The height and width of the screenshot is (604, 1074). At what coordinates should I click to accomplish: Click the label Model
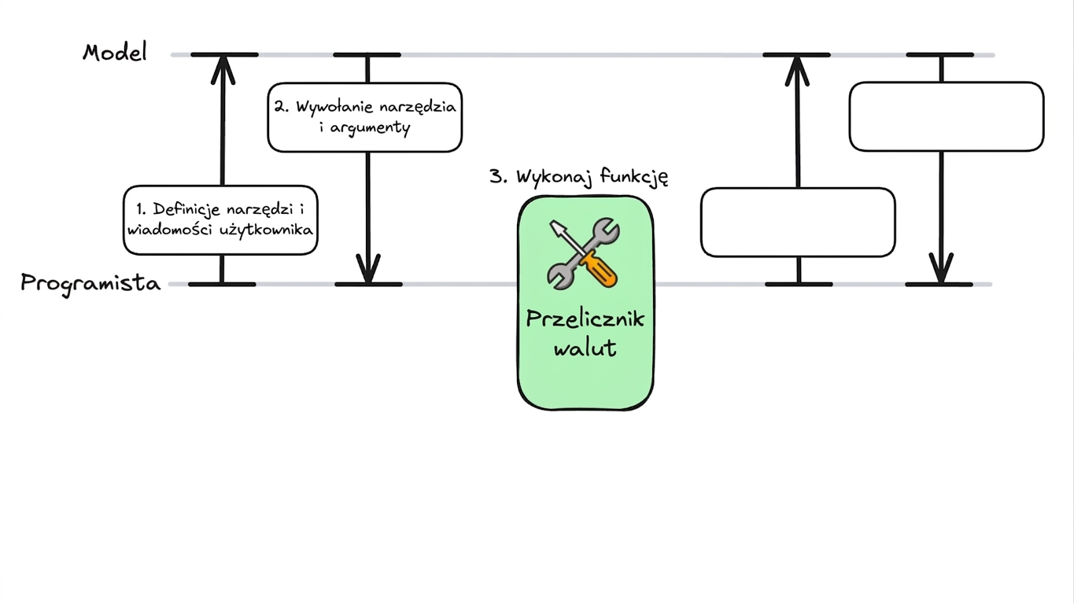pyautogui.click(x=115, y=52)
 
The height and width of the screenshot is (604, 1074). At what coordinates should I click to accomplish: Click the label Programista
pyautogui.click(x=90, y=283)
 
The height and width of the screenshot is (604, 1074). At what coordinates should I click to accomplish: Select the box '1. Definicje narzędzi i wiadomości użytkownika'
pyautogui.click(x=220, y=220)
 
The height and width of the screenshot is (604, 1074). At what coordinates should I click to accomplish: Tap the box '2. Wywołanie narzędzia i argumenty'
pyautogui.click(x=365, y=117)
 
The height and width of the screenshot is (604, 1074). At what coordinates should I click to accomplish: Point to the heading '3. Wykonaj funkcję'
pyautogui.click(x=579, y=177)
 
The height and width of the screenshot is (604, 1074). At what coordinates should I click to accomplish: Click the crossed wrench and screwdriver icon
pyautogui.click(x=584, y=253)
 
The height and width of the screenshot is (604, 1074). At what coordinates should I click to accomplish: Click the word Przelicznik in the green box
pyautogui.click(x=585, y=319)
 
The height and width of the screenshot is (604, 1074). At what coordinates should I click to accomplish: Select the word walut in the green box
pyautogui.click(x=585, y=348)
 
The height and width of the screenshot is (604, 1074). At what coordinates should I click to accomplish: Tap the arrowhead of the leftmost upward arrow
pyautogui.click(x=223, y=69)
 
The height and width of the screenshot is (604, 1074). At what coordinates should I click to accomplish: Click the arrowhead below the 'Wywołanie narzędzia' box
pyautogui.click(x=368, y=268)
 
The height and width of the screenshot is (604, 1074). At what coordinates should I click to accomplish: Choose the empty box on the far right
pyautogui.click(x=947, y=116)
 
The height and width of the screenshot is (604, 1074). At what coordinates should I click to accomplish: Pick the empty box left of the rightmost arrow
pyautogui.click(x=798, y=223)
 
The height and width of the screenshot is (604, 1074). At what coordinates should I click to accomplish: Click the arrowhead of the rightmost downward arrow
pyautogui.click(x=941, y=268)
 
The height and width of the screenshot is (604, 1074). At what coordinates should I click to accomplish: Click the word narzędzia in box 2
pyautogui.click(x=418, y=107)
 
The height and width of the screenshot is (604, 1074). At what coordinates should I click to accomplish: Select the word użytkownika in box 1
pyautogui.click(x=266, y=230)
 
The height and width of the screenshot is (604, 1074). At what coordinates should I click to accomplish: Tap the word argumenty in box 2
pyautogui.click(x=370, y=128)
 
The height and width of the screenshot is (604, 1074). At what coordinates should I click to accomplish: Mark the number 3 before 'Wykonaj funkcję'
pyautogui.click(x=496, y=176)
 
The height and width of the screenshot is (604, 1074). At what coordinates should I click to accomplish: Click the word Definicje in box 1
pyautogui.click(x=186, y=209)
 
